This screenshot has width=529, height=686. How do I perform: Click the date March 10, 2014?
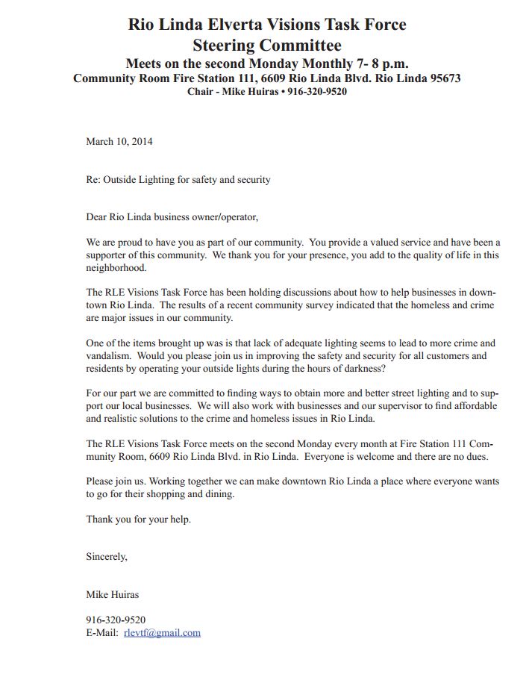click(x=119, y=141)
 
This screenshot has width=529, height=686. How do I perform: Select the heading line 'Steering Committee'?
click(x=266, y=44)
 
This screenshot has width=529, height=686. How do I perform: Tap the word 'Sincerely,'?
click(x=107, y=556)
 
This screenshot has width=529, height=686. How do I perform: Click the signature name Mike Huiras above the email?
click(x=113, y=595)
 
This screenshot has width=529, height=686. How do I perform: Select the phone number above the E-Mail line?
click(x=116, y=620)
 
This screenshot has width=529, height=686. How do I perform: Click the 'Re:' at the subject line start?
click(x=93, y=180)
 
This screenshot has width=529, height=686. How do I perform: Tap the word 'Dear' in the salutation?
click(x=96, y=217)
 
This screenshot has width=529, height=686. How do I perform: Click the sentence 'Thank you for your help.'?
click(x=138, y=519)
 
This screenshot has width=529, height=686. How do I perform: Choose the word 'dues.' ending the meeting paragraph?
click(x=475, y=456)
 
